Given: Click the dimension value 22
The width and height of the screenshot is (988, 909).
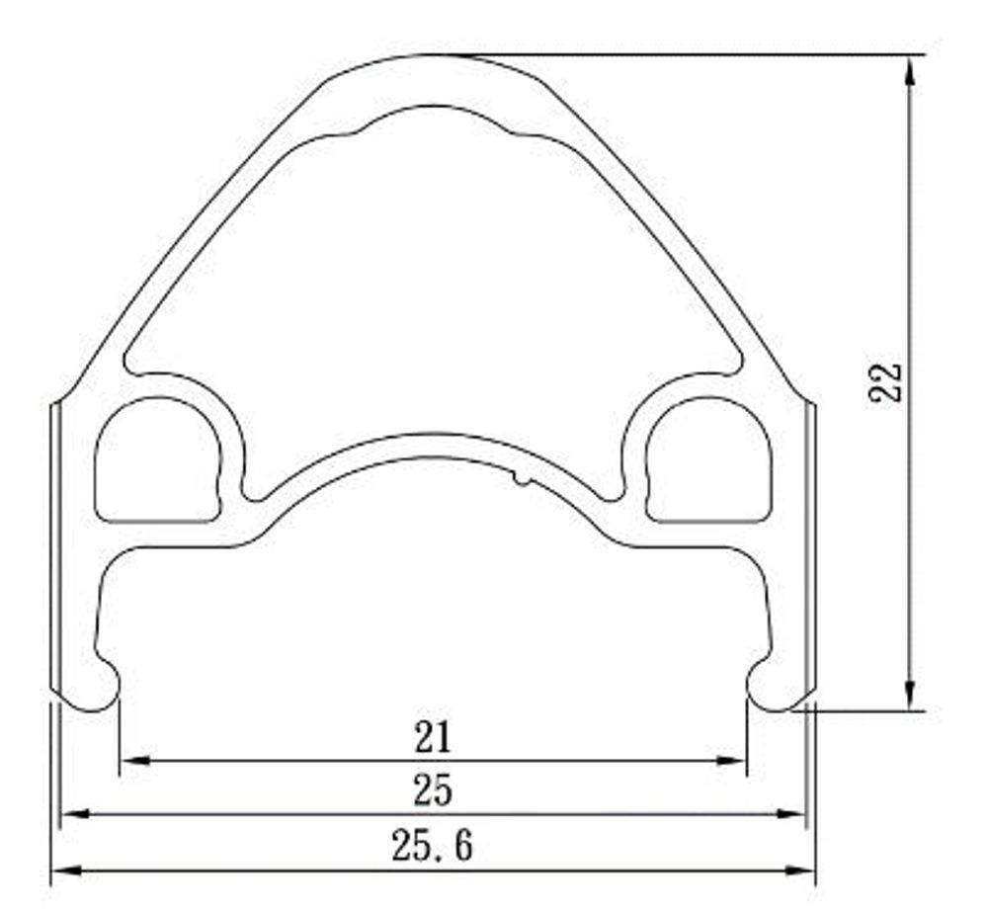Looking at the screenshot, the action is click(885, 382).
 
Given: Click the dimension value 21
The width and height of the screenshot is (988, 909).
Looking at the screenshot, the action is click(434, 737).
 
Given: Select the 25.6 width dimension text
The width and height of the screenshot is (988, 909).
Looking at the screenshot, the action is click(432, 845).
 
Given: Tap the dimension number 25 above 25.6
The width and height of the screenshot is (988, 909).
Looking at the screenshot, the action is click(433, 790).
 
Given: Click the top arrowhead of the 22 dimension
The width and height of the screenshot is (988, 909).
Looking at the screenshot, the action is click(909, 69).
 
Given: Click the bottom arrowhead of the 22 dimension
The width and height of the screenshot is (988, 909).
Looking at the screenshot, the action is click(909, 696).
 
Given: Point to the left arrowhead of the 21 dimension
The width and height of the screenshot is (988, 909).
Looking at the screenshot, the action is click(134, 761).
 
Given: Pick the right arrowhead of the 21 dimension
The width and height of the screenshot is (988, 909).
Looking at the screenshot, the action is click(731, 761).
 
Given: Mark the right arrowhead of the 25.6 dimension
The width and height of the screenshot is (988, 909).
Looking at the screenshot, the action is click(800, 869).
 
